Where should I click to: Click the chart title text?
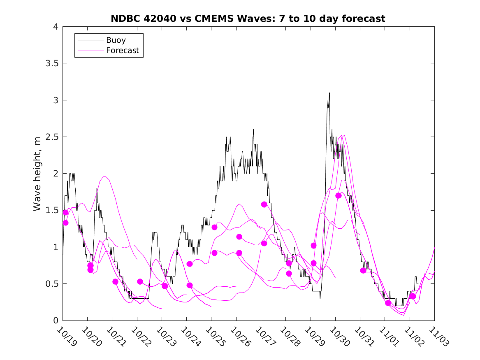(248, 19)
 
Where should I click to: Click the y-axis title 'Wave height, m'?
(37, 173)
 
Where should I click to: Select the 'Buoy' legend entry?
(116, 40)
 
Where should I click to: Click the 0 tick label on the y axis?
(56, 321)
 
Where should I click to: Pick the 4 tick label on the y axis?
(56, 27)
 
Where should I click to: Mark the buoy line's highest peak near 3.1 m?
(329, 93)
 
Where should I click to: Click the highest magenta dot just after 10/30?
(339, 195)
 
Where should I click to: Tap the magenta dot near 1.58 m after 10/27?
(264, 204)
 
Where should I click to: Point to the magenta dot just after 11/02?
(413, 296)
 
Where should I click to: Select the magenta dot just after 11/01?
(388, 303)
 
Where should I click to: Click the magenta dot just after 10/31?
(363, 270)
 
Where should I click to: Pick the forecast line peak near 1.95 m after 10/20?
(104, 177)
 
